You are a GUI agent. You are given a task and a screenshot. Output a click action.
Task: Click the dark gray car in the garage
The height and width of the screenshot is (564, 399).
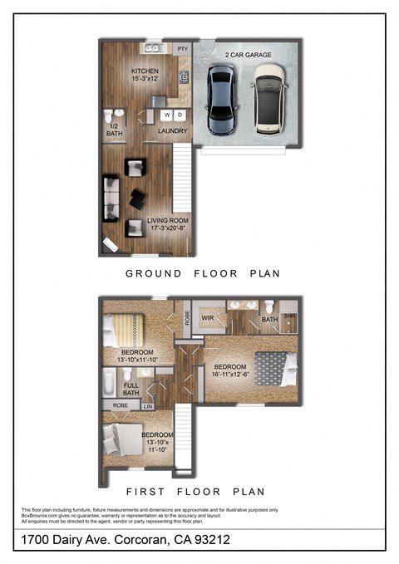point(222,99)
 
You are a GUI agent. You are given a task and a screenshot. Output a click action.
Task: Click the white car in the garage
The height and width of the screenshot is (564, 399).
point(271,99)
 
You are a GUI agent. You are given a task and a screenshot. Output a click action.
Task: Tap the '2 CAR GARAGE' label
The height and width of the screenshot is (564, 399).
point(246,55)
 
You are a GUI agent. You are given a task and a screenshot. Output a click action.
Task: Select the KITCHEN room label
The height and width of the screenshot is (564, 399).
point(145,72)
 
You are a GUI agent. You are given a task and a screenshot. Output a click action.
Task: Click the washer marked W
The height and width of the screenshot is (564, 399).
point(167,115)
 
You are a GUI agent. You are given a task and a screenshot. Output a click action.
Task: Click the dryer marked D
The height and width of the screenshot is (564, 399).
point(180,115)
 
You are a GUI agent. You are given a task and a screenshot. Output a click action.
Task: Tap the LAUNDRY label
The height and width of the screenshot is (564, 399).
point(172,131)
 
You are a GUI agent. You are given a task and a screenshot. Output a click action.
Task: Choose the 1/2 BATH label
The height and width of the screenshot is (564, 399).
point(113,130)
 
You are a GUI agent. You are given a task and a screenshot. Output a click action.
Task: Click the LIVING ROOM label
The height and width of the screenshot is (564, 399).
point(167,221)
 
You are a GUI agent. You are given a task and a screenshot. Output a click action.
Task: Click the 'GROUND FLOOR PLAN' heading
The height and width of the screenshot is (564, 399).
point(202,273)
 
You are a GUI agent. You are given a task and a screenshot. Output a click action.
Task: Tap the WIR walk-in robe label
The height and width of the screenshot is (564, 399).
point(209,318)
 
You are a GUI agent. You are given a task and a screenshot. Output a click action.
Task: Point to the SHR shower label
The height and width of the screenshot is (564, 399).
point(289,316)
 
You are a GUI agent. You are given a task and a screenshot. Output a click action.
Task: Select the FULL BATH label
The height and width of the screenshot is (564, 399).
point(131,390)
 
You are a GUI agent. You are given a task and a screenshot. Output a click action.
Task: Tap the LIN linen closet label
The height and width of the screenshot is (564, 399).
point(149,406)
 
